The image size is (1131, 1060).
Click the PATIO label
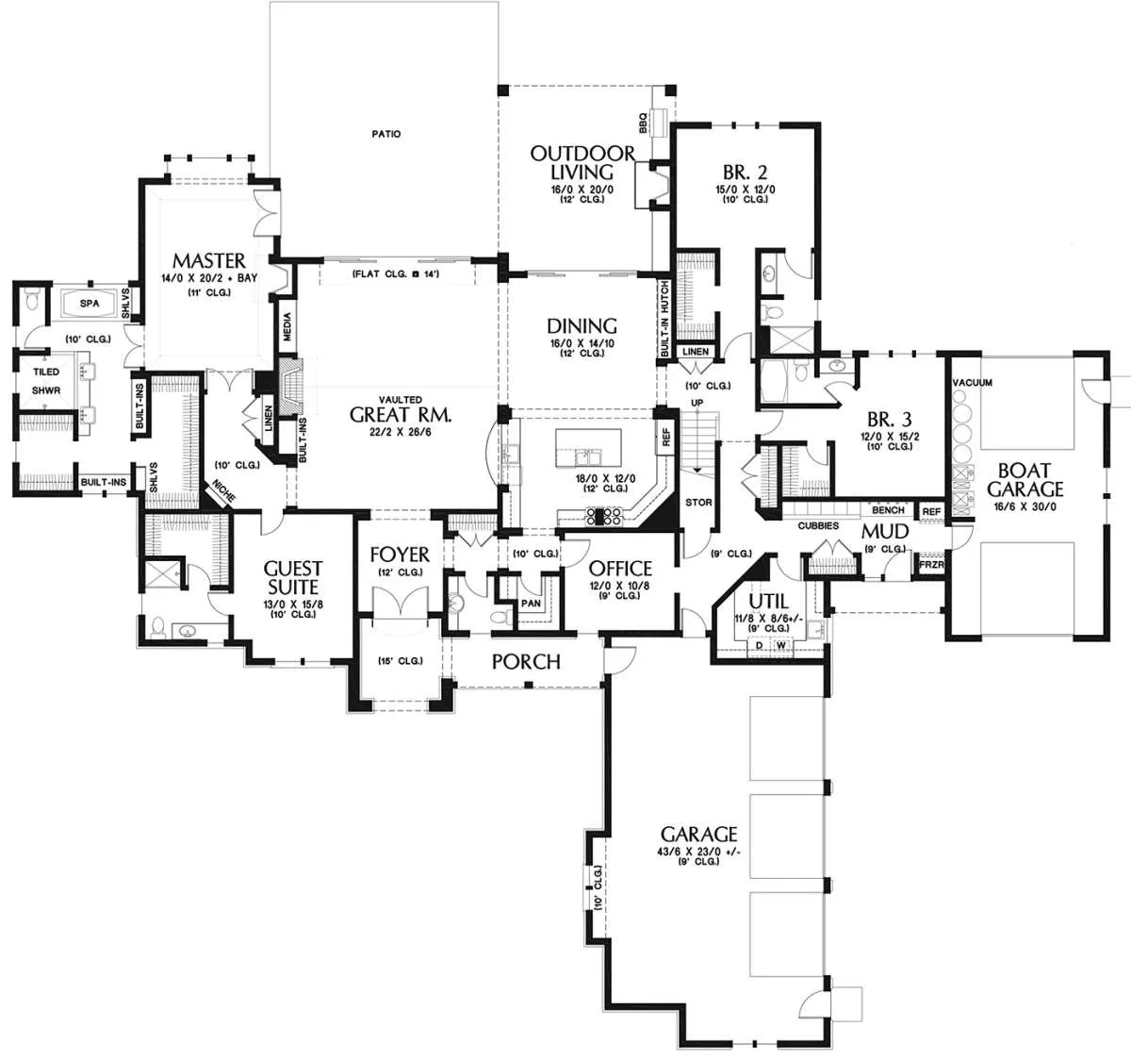click(x=386, y=134)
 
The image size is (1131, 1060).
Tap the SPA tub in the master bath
click(x=89, y=304)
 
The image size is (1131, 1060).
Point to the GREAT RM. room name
click(x=401, y=415)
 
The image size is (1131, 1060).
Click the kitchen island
click(x=588, y=448)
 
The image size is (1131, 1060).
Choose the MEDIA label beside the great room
click(x=287, y=326)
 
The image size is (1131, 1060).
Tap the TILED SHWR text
click(x=46, y=381)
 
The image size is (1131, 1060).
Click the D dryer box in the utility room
click(x=759, y=645)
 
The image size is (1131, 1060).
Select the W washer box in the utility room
click(x=780, y=645)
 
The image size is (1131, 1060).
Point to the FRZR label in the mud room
click(x=932, y=565)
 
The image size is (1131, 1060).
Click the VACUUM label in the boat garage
click(x=972, y=382)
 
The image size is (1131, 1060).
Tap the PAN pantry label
click(x=531, y=603)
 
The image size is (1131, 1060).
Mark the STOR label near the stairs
click(x=698, y=502)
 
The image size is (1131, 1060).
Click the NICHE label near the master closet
click(x=222, y=490)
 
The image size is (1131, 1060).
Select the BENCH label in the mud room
click(x=888, y=510)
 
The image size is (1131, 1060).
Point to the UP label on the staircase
click(x=697, y=403)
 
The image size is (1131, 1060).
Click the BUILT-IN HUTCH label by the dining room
click(x=664, y=319)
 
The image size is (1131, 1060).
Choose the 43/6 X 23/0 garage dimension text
click(x=698, y=852)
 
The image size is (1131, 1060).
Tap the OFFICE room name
click(x=619, y=568)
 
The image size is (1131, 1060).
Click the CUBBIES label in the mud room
click(x=818, y=525)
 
